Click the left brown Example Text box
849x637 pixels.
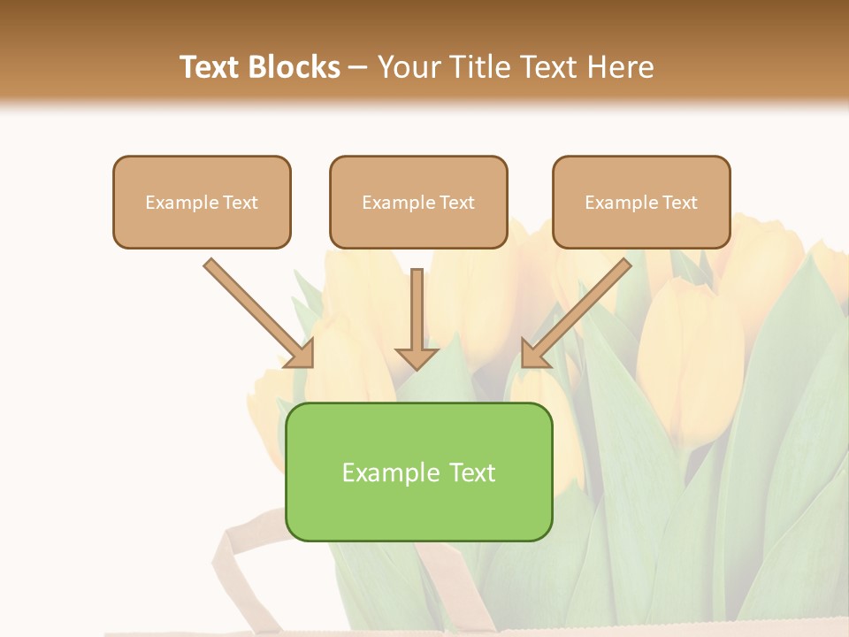tap(202, 202)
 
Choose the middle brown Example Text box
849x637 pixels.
tap(418, 202)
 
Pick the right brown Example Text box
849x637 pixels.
tap(641, 202)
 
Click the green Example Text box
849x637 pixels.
tap(418, 472)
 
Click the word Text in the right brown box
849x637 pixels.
tap(680, 203)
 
